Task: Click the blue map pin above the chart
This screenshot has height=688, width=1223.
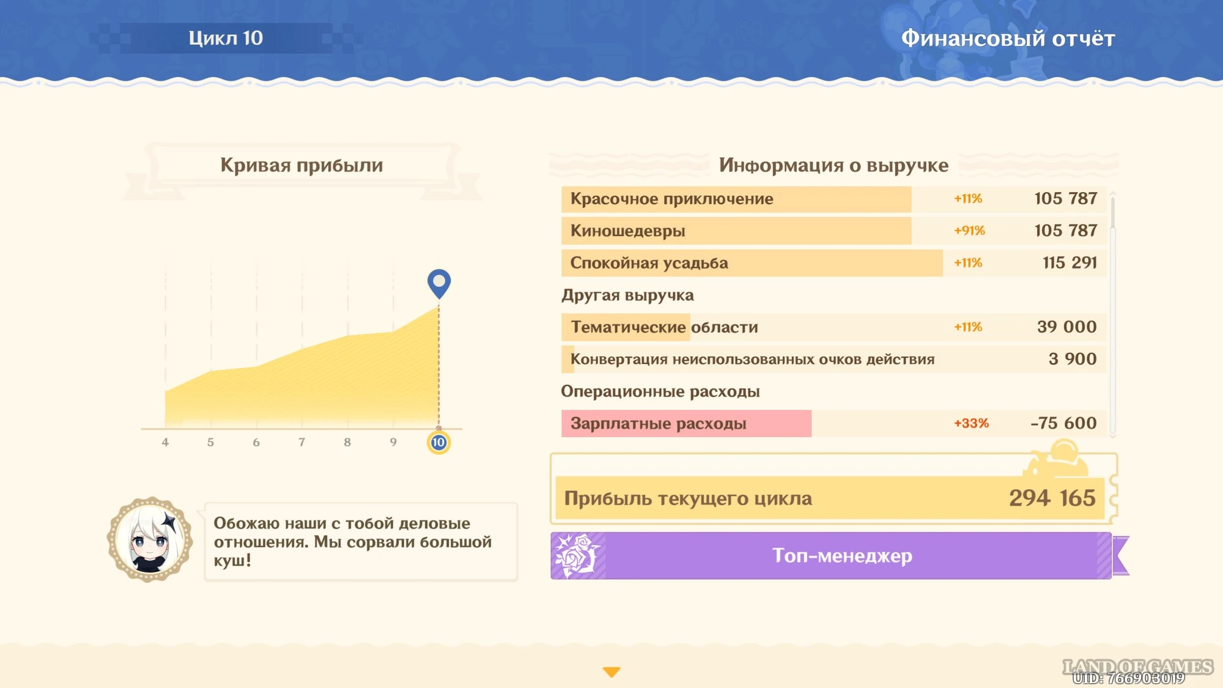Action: coord(438,283)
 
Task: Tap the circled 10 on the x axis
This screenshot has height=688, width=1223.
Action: coord(438,442)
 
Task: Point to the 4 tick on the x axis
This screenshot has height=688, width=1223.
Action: coord(165,442)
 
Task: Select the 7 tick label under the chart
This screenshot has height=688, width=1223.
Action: coord(301,442)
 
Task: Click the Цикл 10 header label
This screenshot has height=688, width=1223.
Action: coord(226,38)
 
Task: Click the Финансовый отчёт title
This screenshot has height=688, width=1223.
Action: coord(1008,38)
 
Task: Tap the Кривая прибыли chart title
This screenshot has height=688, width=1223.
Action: coord(301,165)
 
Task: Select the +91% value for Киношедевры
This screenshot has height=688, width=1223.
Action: coord(969,231)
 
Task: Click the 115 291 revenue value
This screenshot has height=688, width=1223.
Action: coord(1070,262)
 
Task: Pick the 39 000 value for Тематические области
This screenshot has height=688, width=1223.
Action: coord(1067,327)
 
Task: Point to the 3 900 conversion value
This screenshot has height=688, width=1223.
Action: coord(1073,359)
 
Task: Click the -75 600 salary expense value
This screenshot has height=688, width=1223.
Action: coord(1063,423)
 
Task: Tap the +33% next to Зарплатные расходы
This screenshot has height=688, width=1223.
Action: coord(971,423)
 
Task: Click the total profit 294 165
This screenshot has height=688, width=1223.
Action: coord(1052,498)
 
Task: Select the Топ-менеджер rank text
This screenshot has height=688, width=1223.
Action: coord(842,555)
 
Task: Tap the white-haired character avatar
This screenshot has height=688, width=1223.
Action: coord(150,539)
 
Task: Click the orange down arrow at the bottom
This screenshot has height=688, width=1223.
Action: coord(611,672)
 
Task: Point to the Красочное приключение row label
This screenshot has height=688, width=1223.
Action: coord(671,199)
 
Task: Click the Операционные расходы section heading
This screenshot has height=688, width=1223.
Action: coord(660,391)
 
